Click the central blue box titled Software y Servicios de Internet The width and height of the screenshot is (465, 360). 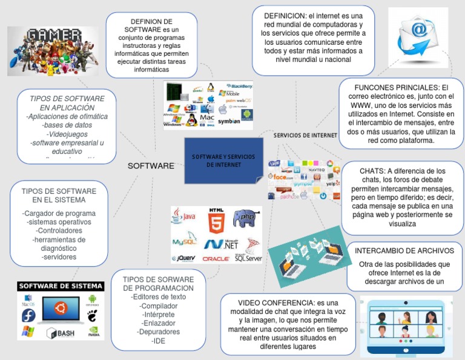[x=223, y=161]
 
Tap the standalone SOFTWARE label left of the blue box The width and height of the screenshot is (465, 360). [x=151, y=165]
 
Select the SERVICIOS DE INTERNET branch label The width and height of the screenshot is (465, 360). [x=305, y=135]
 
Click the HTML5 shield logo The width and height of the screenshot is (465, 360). [x=216, y=221]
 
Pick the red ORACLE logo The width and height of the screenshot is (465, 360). [x=216, y=259]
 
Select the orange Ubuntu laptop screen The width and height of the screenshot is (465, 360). [x=59, y=310]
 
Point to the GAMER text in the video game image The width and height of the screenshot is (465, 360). [x=53, y=34]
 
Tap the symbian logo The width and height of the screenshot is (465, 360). [x=229, y=121]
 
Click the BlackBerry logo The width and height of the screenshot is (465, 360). [x=238, y=86]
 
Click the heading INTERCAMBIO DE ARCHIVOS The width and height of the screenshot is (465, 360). [x=404, y=250]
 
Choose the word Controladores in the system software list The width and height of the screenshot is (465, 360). [x=59, y=231]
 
